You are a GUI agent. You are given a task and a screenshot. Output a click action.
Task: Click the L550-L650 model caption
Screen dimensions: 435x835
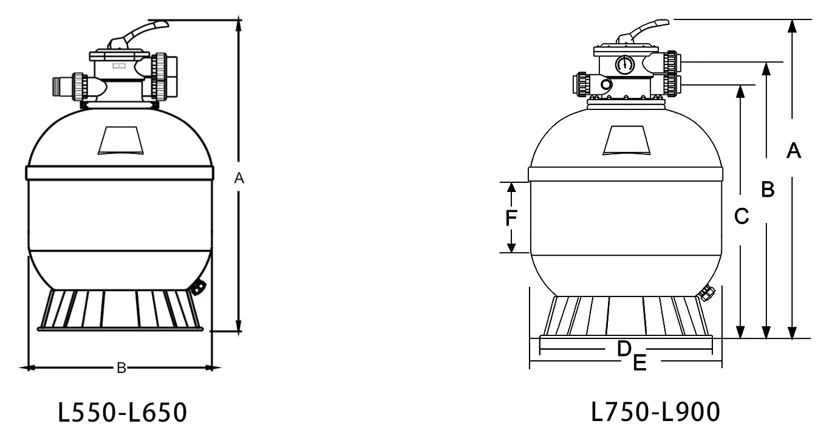122,413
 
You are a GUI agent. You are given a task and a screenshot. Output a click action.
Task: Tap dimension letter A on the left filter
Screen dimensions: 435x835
239,178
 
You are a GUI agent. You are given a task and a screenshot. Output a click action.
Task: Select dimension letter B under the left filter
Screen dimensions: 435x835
121,368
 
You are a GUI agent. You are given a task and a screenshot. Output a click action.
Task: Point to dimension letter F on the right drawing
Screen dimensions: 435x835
512,217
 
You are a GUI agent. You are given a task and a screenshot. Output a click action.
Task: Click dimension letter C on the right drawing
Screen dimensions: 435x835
741,216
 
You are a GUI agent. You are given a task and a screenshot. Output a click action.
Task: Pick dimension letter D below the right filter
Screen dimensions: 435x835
623,349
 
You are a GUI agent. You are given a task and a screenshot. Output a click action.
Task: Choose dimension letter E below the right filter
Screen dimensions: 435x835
639,363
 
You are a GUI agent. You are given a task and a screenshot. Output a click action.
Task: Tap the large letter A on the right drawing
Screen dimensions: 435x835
793,150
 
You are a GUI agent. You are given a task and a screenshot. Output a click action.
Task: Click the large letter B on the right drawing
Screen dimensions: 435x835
768,190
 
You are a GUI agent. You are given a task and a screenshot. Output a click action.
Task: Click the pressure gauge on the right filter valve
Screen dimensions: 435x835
624,64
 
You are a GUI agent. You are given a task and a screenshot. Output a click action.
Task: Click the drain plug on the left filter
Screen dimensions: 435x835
197,287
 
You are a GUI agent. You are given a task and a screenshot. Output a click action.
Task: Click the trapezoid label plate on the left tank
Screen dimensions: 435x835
121,140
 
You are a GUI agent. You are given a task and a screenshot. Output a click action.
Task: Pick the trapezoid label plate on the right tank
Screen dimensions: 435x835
627,141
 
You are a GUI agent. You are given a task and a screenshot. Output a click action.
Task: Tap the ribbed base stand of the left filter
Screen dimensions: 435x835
120,310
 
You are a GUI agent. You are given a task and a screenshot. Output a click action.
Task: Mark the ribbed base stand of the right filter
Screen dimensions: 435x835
625,317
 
